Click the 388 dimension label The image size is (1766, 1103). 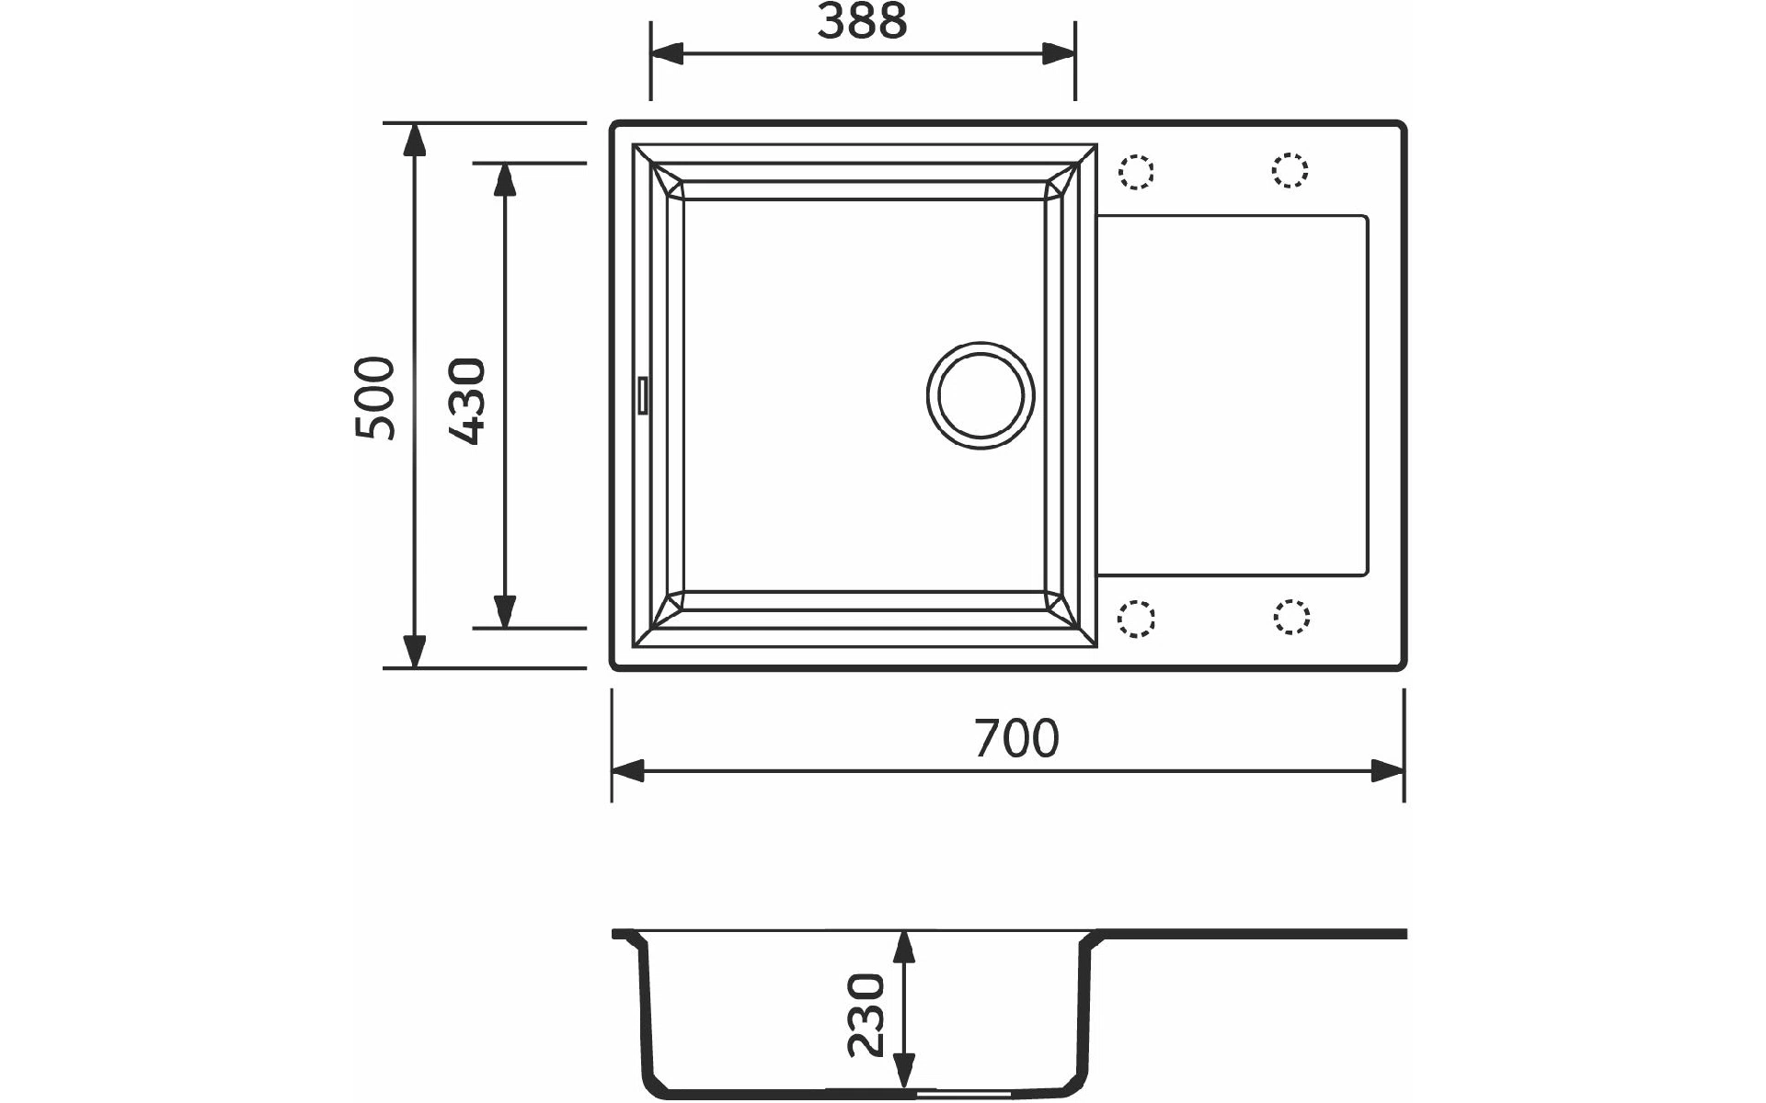862,20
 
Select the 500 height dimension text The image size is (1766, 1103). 376,398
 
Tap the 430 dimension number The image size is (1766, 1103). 467,401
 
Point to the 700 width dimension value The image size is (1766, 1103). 1016,738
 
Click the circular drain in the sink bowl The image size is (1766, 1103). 980,395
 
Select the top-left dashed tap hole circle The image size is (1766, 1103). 1137,171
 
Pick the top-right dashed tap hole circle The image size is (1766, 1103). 1290,170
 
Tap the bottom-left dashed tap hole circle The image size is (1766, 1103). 1137,618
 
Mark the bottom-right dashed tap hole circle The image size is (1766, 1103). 1291,617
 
